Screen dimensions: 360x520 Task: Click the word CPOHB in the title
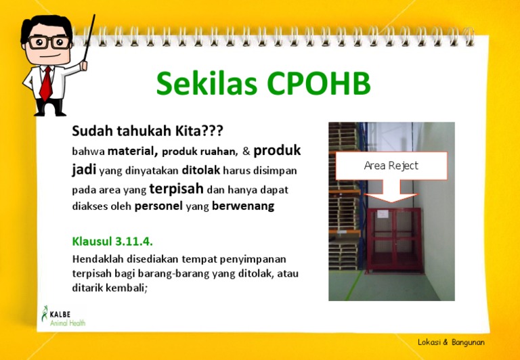[318, 85]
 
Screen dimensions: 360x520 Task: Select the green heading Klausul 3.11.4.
[116, 241]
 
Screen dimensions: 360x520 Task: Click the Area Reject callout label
[391, 166]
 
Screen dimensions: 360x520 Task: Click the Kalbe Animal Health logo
[63, 316]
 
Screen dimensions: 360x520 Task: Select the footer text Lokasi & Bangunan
[452, 342]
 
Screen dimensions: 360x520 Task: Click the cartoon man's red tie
[45, 82]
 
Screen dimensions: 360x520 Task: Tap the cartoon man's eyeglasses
[46, 42]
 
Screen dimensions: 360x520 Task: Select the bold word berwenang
[243, 206]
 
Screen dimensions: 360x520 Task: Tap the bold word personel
[158, 206]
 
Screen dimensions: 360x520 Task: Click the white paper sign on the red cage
[384, 214]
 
